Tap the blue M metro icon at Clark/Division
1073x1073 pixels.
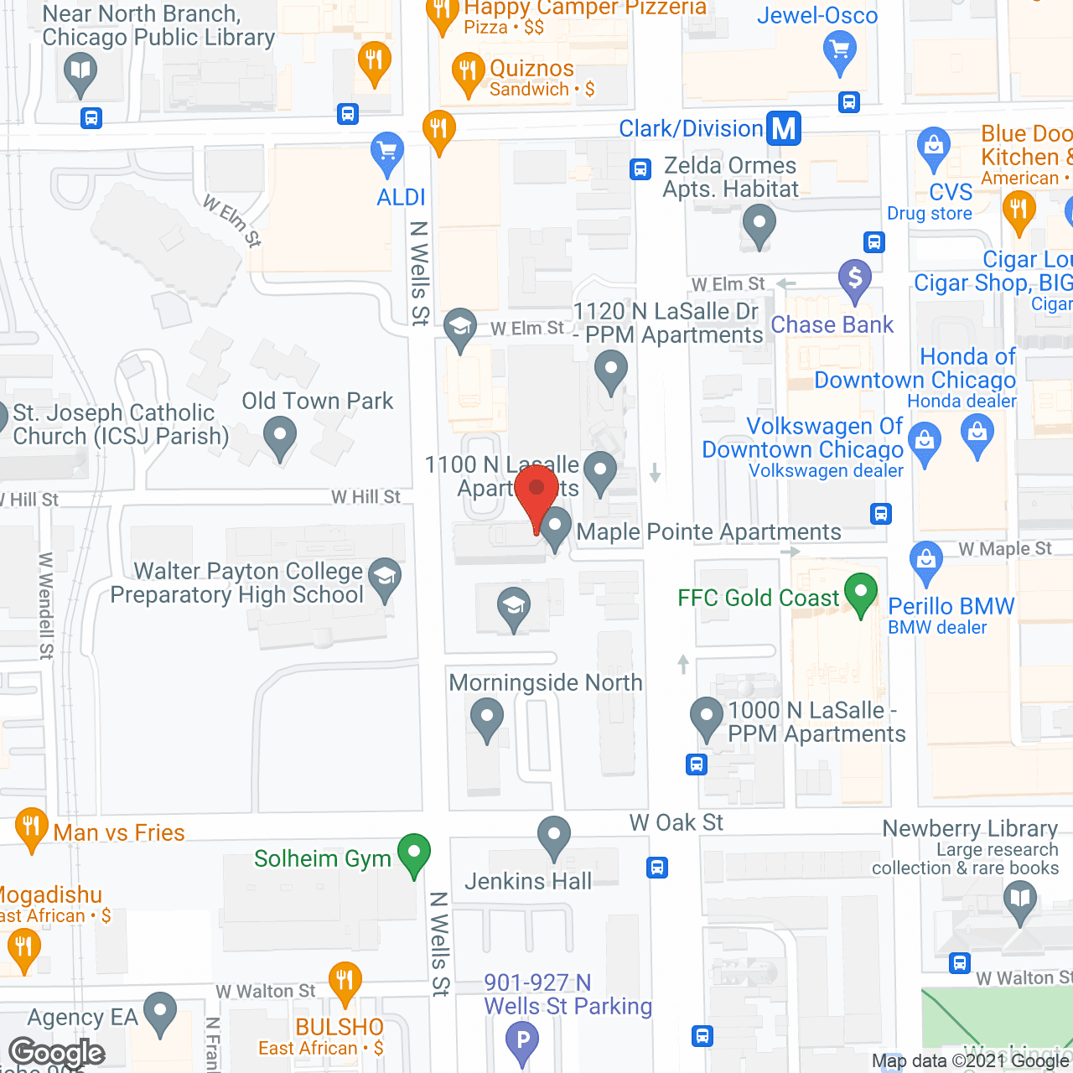pyautogui.click(x=784, y=128)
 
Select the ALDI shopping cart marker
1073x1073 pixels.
pyautogui.click(x=386, y=153)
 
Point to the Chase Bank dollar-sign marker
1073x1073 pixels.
pyautogui.click(x=855, y=277)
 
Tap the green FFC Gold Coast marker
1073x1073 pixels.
pyautogui.click(x=861, y=593)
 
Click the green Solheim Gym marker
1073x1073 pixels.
pyautogui.click(x=413, y=853)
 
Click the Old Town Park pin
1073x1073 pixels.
pyautogui.click(x=280, y=437)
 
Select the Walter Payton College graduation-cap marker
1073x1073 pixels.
pyautogui.click(x=385, y=578)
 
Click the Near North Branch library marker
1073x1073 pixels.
pyautogui.click(x=80, y=71)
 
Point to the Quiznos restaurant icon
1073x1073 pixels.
pyautogui.click(x=469, y=71)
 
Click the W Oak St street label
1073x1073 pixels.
pyautogui.click(x=676, y=822)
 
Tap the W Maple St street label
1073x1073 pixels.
pyautogui.click(x=1004, y=549)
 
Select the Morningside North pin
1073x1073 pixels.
pyautogui.click(x=486, y=718)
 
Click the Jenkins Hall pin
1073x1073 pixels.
pyautogui.click(x=553, y=836)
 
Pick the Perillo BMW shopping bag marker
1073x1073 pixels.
pyautogui.click(x=926, y=561)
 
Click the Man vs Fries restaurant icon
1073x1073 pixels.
pyautogui.click(x=31, y=827)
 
